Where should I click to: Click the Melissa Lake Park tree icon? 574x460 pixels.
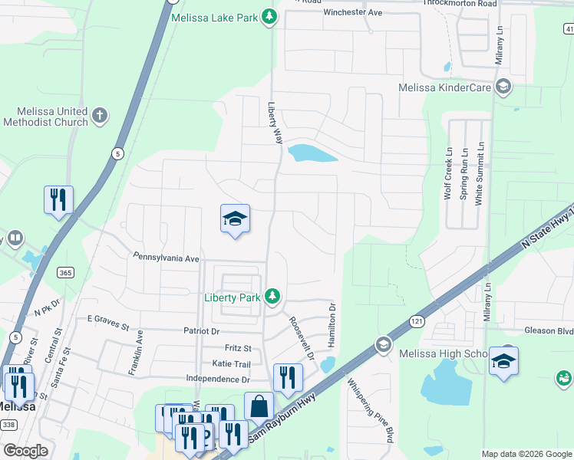(269, 17)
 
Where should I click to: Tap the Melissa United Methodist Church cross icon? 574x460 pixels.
(99, 117)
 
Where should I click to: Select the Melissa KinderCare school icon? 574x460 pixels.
(503, 87)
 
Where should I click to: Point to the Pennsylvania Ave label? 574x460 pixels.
(166, 258)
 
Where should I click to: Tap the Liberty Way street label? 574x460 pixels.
(275, 123)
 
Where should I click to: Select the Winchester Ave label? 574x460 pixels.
(352, 13)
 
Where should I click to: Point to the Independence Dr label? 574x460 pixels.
(219, 379)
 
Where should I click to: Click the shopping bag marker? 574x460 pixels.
(259, 406)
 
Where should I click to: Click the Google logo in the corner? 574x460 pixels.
(26, 451)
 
